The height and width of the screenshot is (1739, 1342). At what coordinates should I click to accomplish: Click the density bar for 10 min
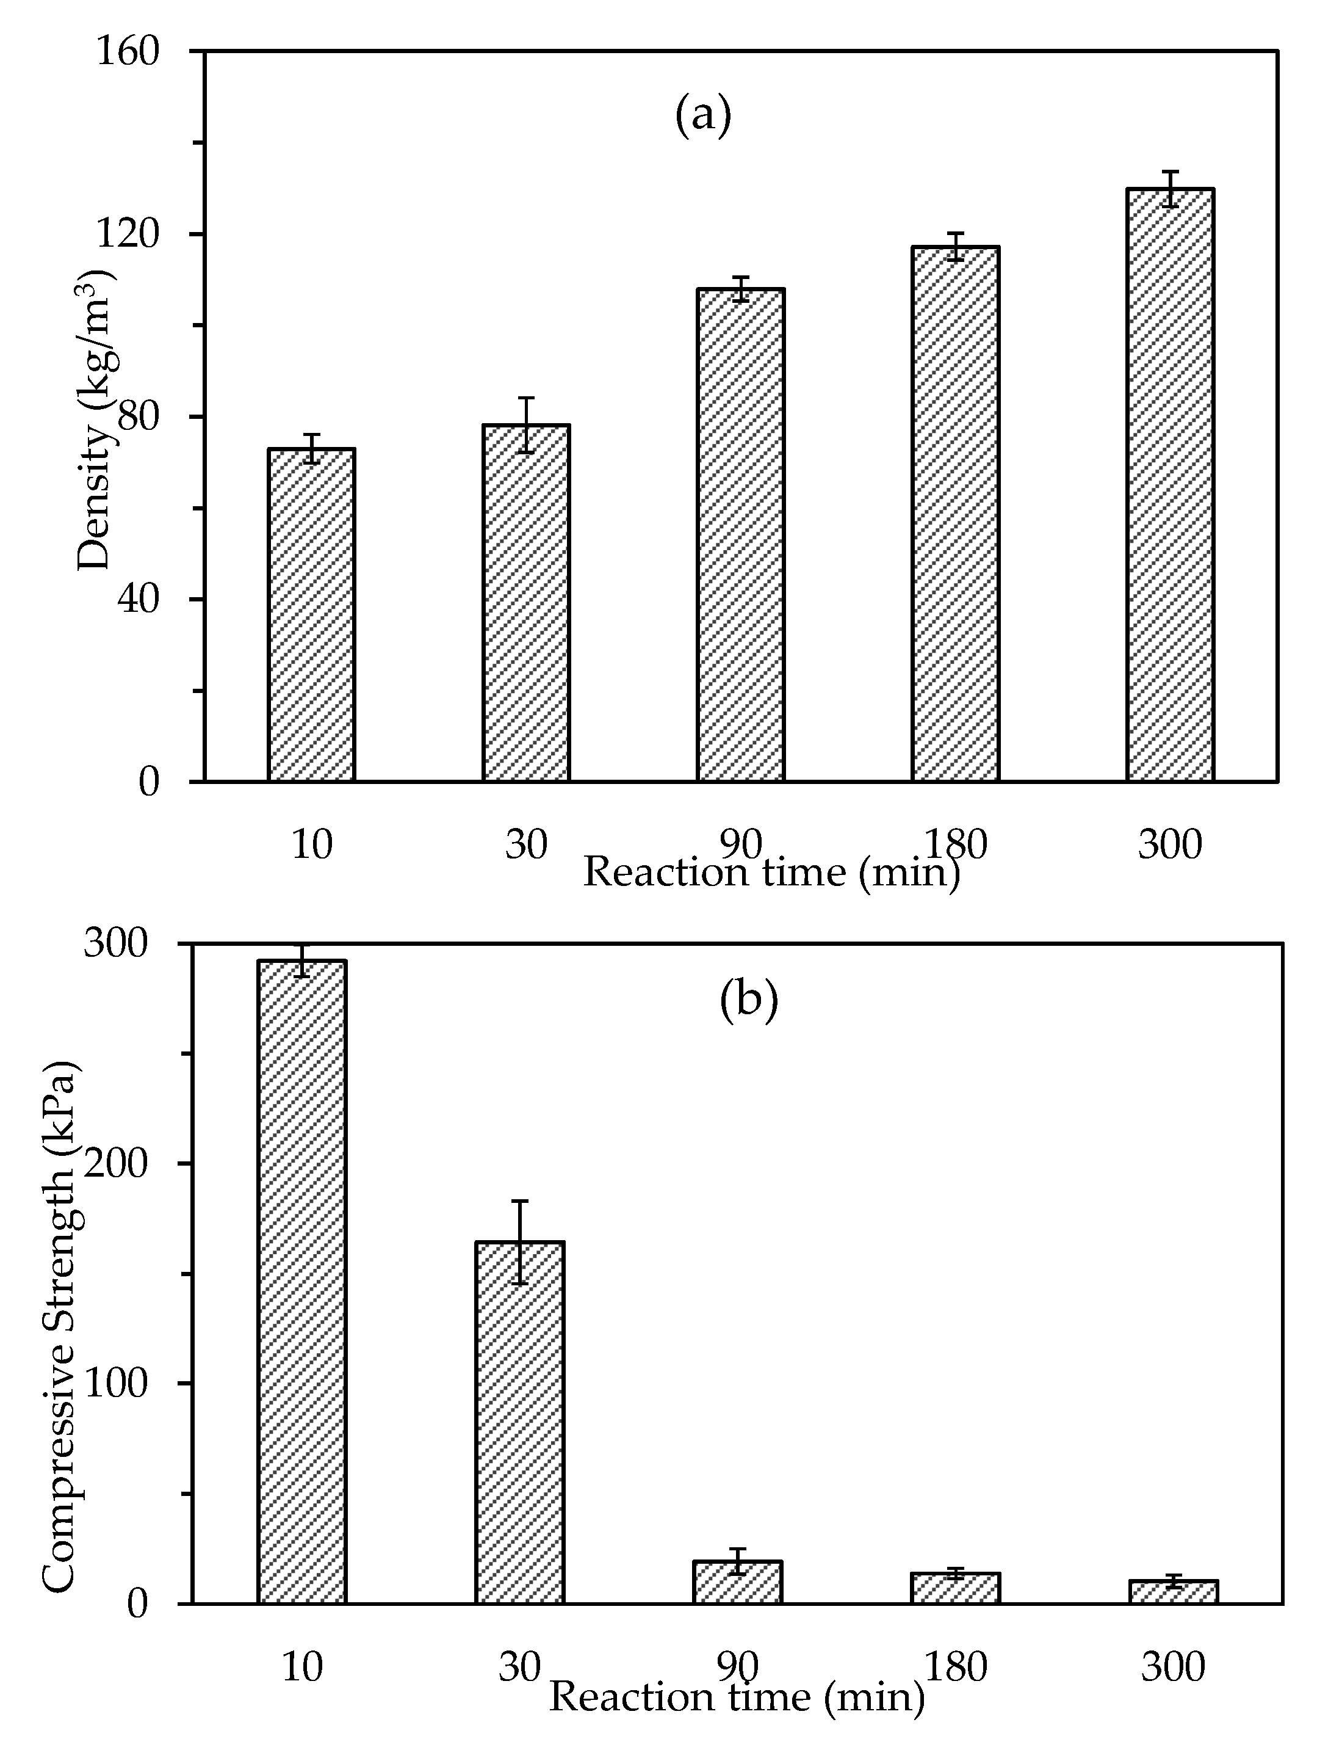tap(311, 615)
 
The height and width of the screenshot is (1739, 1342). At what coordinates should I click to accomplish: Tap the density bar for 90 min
tap(740, 534)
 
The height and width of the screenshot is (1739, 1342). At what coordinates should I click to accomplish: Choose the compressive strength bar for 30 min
tap(520, 1422)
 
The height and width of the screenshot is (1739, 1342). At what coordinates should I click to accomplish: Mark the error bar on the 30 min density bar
tap(525, 424)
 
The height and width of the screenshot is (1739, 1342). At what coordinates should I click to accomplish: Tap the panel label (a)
tap(703, 115)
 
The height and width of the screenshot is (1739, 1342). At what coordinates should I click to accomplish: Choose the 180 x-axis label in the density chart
tap(955, 844)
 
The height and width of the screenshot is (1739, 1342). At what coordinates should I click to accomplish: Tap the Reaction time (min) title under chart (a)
tap(771, 873)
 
